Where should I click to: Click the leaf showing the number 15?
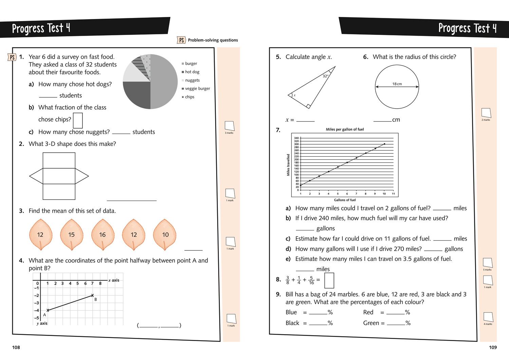click(x=72, y=234)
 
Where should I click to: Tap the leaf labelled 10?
click(x=165, y=234)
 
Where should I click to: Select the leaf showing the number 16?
click(x=102, y=234)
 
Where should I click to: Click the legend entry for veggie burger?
click(x=197, y=89)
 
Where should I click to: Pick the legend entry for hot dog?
click(x=192, y=72)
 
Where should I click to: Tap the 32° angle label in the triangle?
click(x=325, y=76)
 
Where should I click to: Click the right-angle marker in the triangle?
click(x=308, y=106)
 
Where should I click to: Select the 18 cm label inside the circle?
click(x=397, y=84)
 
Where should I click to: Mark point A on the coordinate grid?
click(x=48, y=310)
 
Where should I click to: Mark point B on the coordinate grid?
click(x=92, y=296)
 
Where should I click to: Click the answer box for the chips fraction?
click(x=78, y=120)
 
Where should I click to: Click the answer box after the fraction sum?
click(x=329, y=280)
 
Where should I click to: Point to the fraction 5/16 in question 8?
click(x=311, y=280)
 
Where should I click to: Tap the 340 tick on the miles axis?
click(x=296, y=138)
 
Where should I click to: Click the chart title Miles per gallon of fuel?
click(x=344, y=129)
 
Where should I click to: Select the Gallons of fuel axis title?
click(x=344, y=200)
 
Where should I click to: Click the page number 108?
click(x=16, y=347)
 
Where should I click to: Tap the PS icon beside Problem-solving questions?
click(x=182, y=40)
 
